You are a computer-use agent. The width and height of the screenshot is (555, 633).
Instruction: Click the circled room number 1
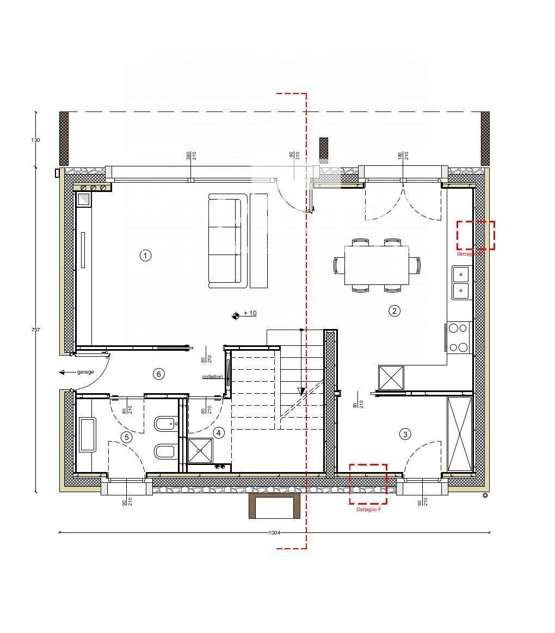coord(145,255)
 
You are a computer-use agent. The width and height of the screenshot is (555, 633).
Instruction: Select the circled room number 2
coord(394,311)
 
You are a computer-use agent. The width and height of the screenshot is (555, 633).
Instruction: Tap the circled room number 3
coord(405,434)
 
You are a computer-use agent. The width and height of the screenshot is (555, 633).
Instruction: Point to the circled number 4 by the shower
coord(219,433)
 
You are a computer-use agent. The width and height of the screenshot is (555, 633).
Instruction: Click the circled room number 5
coord(127,437)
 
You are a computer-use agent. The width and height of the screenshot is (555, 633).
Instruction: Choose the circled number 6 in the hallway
coord(158,374)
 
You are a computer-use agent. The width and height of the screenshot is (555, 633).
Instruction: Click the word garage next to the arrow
coord(85,372)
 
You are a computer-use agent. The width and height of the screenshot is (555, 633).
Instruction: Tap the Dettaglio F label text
coord(368,510)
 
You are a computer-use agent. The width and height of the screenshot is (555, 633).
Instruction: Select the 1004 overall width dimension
coord(274,532)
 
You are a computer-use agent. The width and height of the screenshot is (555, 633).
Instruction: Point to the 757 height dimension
coord(35,330)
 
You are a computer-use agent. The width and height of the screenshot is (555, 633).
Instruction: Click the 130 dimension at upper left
coord(35,140)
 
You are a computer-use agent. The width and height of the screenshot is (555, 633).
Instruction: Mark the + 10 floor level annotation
coord(250,313)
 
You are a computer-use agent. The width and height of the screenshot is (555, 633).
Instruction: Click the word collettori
coord(213,376)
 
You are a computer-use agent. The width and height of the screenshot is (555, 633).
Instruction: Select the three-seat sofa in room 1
coord(224,240)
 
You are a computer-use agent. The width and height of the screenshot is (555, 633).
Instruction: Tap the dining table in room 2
coord(377,265)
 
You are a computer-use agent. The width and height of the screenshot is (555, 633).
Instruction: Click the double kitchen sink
coord(460,283)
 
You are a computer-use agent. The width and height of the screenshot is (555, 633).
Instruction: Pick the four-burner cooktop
coord(458,338)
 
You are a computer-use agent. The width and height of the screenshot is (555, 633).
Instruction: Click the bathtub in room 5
coord(87,435)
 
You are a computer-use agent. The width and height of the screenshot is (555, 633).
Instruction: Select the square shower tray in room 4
coord(200,450)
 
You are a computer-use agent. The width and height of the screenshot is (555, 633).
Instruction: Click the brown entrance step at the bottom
coord(274,506)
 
